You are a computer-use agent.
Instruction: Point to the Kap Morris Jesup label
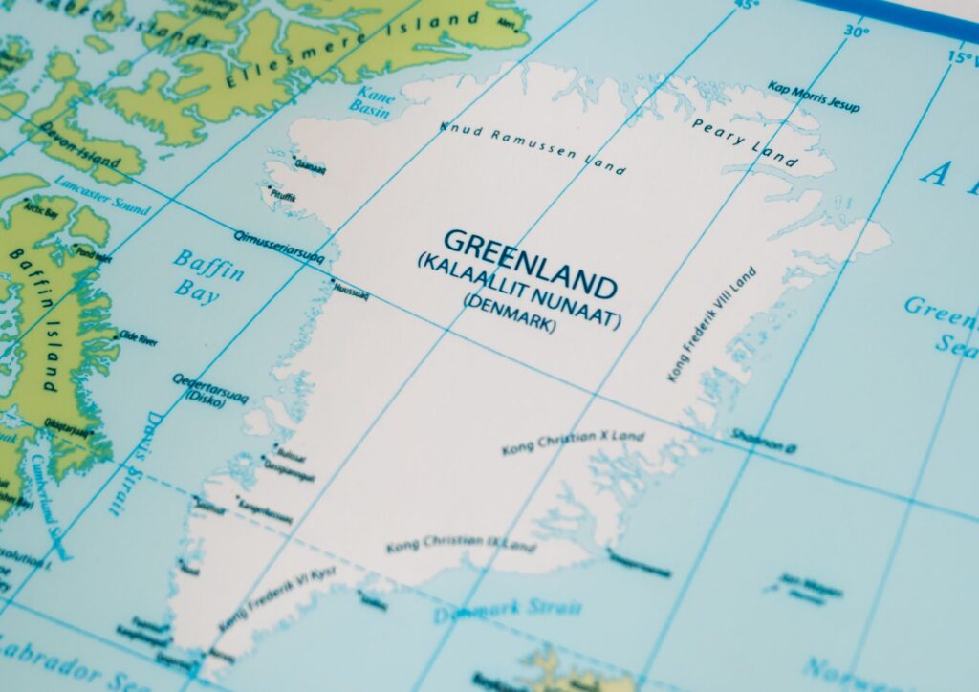814,96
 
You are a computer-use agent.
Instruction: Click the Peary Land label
745,142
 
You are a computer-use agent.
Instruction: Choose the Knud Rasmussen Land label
533,149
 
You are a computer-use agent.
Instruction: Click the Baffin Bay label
207,274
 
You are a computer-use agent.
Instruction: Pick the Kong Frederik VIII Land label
712,325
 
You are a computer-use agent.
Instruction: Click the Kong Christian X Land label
573,443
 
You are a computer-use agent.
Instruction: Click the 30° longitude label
857,31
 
